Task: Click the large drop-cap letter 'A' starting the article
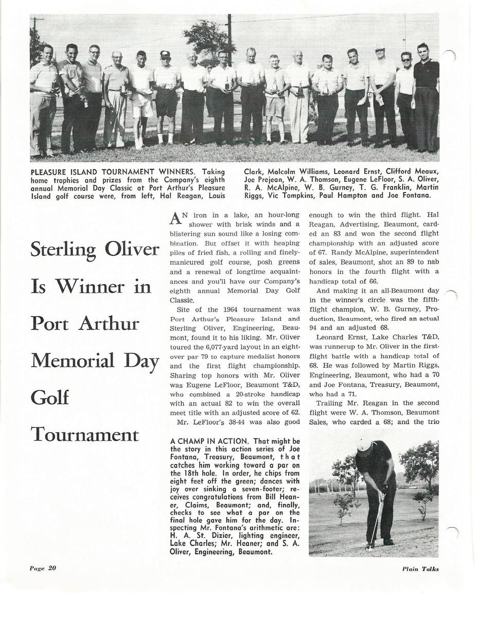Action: pyautogui.click(x=174, y=219)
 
